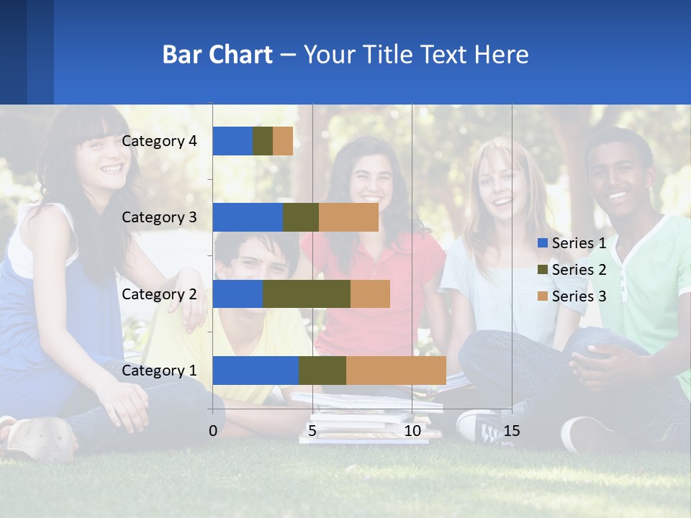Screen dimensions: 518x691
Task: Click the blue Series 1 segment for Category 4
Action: pyautogui.click(x=232, y=141)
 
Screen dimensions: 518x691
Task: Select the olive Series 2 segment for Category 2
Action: pyautogui.click(x=307, y=294)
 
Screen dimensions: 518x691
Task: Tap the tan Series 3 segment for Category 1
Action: pyautogui.click(x=396, y=371)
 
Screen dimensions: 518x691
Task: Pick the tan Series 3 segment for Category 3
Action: pyautogui.click(x=348, y=217)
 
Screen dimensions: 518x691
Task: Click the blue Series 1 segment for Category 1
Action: pyautogui.click(x=256, y=371)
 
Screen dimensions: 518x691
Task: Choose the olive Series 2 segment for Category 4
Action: pyautogui.click(x=263, y=141)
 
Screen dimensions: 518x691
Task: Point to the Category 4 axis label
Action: pyautogui.click(x=159, y=141)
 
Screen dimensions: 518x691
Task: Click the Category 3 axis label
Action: pyautogui.click(x=159, y=217)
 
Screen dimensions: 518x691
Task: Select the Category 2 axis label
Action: pyautogui.click(x=159, y=294)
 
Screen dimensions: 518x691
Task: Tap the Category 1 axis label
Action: pyautogui.click(x=159, y=371)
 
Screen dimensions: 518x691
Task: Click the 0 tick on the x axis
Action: pyautogui.click(x=213, y=431)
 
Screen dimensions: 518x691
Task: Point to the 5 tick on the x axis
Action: pyautogui.click(x=312, y=431)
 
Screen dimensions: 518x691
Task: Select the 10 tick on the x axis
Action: pyautogui.click(x=412, y=431)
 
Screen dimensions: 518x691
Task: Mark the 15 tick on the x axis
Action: pyautogui.click(x=512, y=431)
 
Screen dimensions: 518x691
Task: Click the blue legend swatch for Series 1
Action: pyautogui.click(x=543, y=243)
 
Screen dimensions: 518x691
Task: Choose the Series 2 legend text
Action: pyautogui.click(x=579, y=270)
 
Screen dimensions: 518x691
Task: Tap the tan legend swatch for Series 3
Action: pyautogui.click(x=543, y=296)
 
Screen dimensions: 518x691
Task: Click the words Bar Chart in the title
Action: pyautogui.click(x=217, y=55)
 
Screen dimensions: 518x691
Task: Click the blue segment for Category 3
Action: pyautogui.click(x=248, y=217)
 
